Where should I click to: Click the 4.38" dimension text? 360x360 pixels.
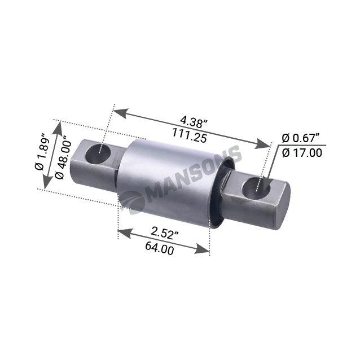194,121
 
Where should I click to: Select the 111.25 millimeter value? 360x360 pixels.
190,135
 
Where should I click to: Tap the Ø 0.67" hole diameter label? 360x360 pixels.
301,138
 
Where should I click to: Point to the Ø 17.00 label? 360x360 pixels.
302,153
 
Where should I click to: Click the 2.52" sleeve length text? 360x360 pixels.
165,234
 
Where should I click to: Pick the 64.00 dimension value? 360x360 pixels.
160,248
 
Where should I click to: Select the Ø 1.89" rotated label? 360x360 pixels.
43,151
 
